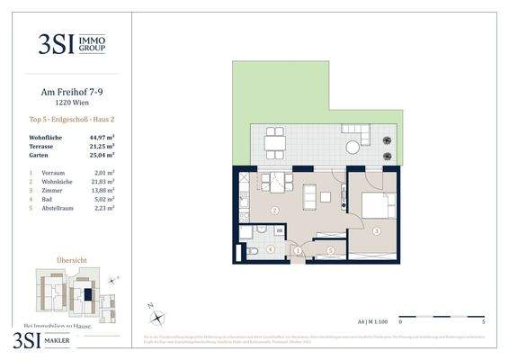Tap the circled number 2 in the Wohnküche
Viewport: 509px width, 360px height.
pos(273,211)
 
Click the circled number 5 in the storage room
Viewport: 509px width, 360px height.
pos(330,250)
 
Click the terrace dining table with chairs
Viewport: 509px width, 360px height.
pos(274,141)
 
